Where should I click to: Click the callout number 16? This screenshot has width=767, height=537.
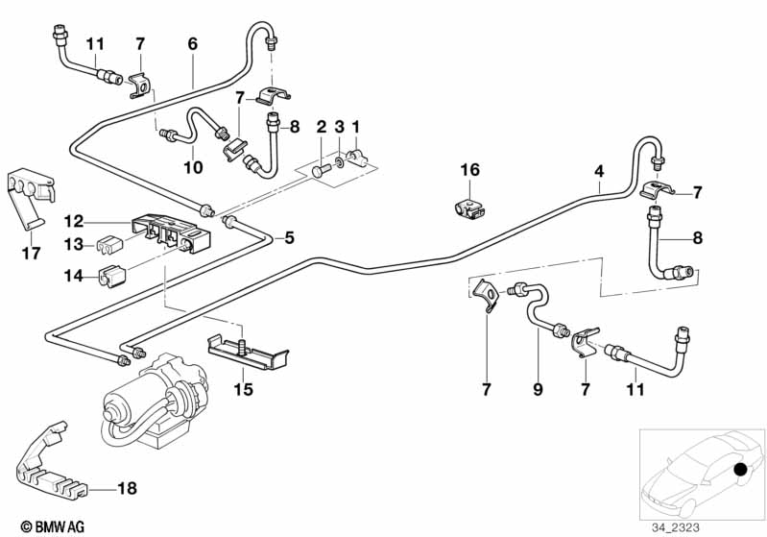468,170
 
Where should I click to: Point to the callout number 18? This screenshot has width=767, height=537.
126,489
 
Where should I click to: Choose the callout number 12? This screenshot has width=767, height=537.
73,220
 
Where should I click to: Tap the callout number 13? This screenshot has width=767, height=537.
73,244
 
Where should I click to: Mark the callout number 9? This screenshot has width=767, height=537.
539,389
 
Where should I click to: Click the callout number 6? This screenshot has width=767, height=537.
192,43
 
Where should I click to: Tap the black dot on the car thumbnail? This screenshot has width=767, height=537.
741,470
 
